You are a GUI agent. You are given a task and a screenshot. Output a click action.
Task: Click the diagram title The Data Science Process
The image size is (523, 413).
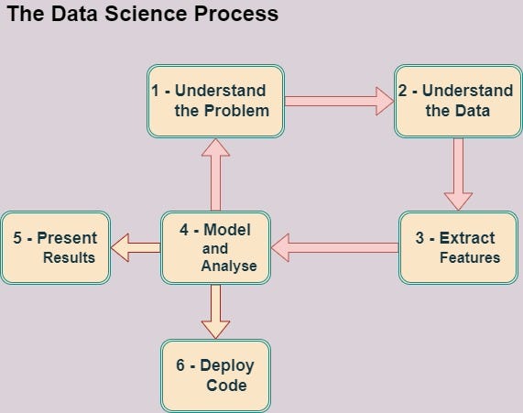pyautogui.click(x=142, y=16)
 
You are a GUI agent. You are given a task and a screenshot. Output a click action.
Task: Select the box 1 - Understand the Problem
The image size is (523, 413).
pyautogui.click(x=215, y=101)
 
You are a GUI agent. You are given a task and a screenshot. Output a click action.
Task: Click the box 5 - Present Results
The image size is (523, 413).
pyautogui.click(x=55, y=247)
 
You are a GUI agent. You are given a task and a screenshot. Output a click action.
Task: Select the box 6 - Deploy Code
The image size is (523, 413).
pyautogui.click(x=216, y=375)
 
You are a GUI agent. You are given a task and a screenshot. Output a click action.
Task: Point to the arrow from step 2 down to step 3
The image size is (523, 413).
pyautogui.click(x=458, y=174)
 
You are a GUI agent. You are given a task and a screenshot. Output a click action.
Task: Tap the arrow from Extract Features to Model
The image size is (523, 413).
pyautogui.click(x=334, y=246)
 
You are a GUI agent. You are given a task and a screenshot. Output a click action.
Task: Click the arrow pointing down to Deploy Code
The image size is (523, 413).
pyautogui.click(x=216, y=311)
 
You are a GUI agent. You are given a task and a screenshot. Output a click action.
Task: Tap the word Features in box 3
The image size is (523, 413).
pyautogui.click(x=470, y=257)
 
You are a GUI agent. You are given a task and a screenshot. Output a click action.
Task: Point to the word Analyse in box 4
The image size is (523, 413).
pyautogui.click(x=229, y=266)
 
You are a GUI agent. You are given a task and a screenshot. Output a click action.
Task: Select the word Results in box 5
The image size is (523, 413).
pyautogui.click(x=69, y=257)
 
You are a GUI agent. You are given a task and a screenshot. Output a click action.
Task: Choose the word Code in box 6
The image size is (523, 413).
pyautogui.click(x=226, y=386)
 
